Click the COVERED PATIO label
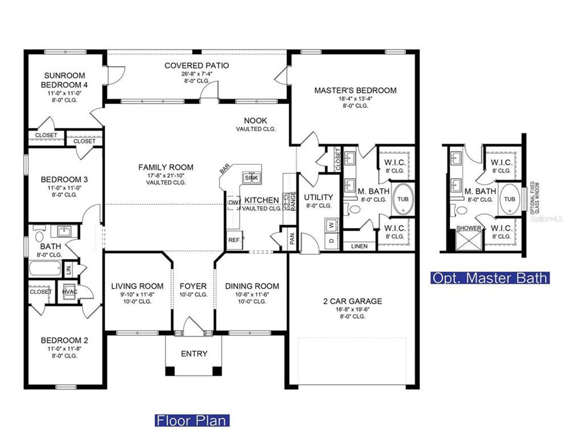[197, 66]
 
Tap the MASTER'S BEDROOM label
[355, 90]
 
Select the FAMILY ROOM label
[166, 167]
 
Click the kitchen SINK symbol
[252, 178]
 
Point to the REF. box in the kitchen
[234, 241]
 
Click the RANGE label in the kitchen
[293, 201]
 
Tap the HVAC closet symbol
[70, 292]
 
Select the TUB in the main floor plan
[403, 199]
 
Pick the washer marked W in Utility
[331, 225]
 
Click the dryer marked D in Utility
[331, 241]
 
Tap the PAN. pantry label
[292, 239]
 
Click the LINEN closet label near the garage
[360, 246]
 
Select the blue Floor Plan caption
[192, 420]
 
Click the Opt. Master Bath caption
[490, 278]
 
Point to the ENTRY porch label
[194, 354]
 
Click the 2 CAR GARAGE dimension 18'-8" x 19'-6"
[352, 310]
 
